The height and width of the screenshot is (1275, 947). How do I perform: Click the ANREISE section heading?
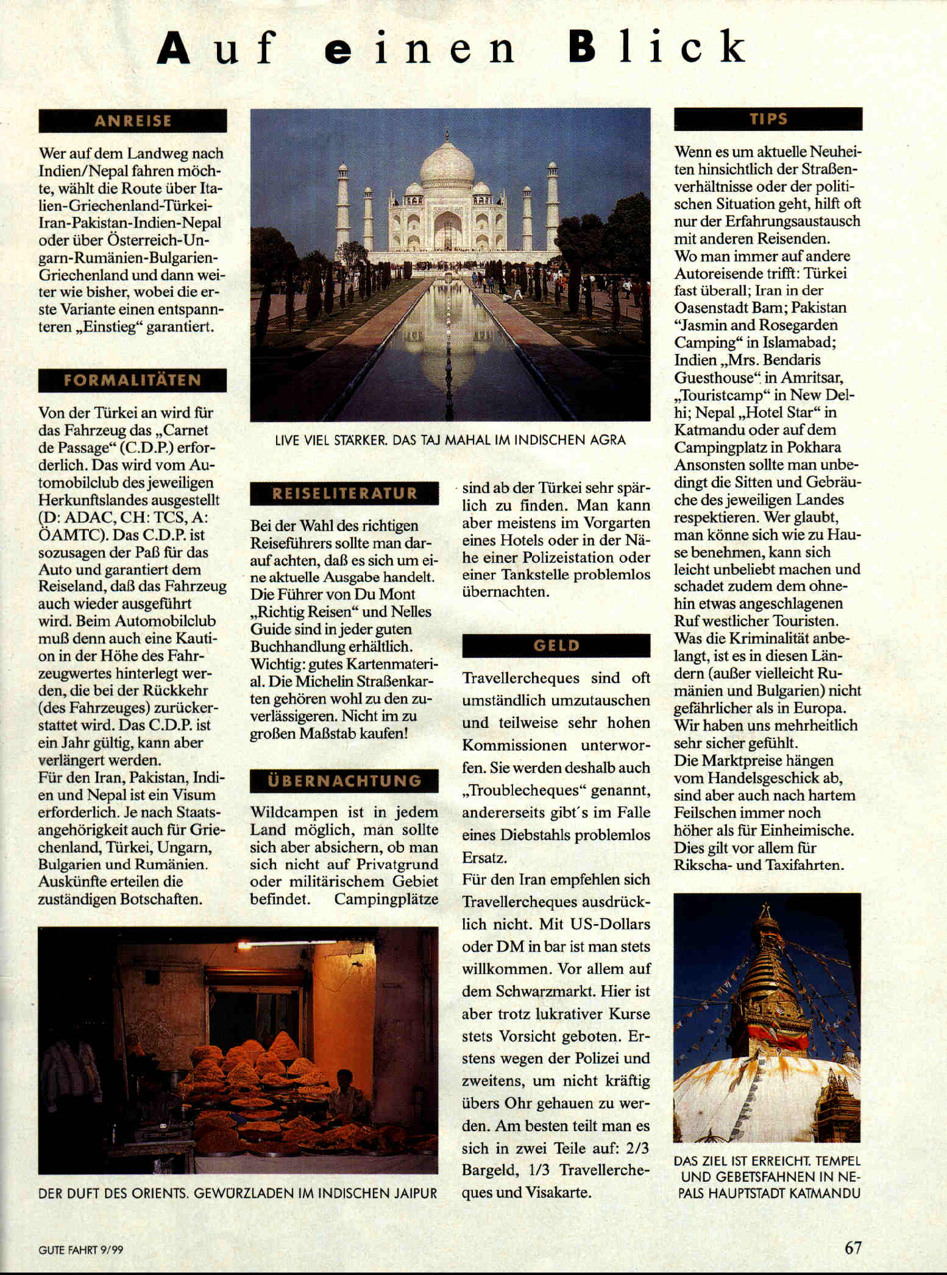click(x=132, y=121)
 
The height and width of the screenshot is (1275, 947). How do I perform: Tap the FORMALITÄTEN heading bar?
click(x=132, y=380)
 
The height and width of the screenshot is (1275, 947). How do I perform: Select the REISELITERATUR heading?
click(x=344, y=493)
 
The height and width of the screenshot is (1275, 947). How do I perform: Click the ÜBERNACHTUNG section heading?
click(x=344, y=781)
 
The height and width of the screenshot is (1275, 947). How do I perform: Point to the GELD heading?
click(x=556, y=646)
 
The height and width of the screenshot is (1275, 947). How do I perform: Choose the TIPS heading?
click(x=768, y=119)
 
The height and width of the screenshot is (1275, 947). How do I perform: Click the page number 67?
click(x=853, y=1247)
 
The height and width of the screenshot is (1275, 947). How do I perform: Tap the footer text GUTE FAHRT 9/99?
click(x=80, y=1249)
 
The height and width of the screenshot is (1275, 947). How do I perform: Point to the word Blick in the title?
click(x=657, y=48)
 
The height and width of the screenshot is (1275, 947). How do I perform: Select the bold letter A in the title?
click(x=173, y=49)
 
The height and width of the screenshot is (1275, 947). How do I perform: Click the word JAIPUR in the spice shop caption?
click(x=413, y=1193)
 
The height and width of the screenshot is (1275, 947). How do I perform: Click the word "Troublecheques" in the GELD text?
click(x=525, y=791)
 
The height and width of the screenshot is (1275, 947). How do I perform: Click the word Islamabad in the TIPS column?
click(x=798, y=342)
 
